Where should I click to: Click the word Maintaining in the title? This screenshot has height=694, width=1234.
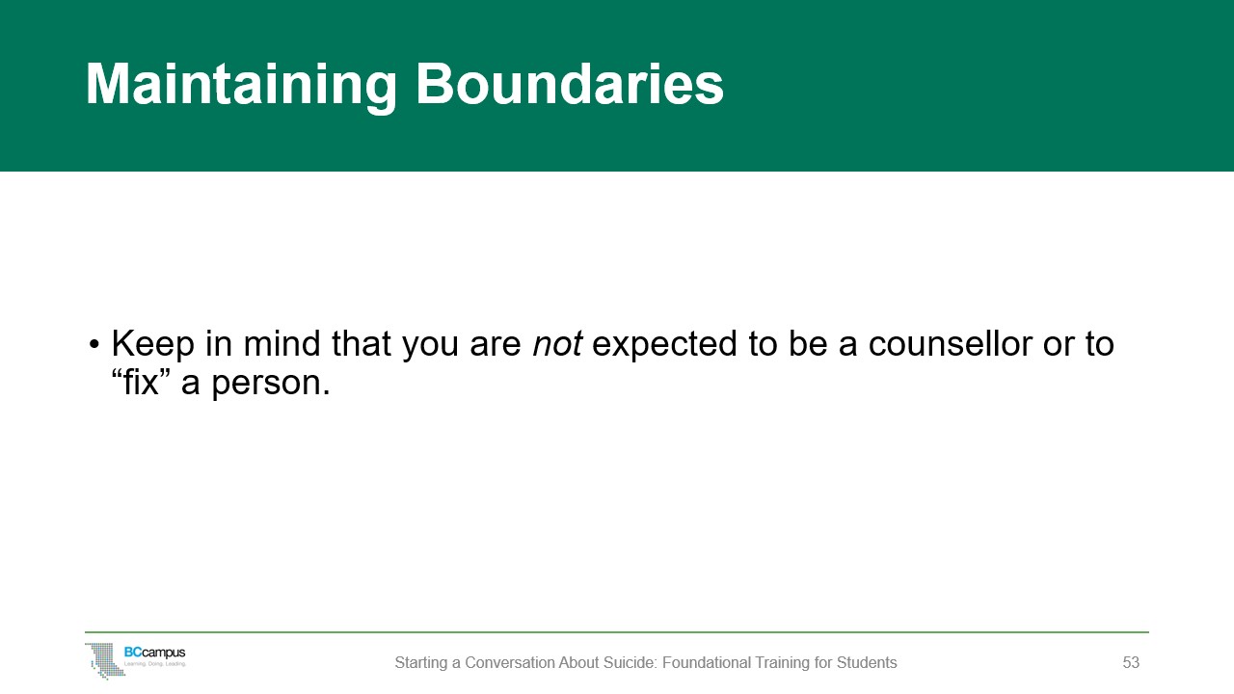pos(241,86)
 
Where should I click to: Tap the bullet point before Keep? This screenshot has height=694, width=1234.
pos(94,345)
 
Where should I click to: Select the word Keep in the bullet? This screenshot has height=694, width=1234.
pos(153,344)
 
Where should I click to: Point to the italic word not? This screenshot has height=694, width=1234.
pos(557,344)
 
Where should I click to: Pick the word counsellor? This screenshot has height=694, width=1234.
pos(951,344)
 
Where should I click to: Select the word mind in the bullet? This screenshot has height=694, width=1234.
pos(282,344)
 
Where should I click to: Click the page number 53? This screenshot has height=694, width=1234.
pos(1131,662)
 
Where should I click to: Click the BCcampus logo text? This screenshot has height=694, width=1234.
pos(155,653)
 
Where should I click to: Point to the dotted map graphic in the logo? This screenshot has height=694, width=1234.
pos(105,661)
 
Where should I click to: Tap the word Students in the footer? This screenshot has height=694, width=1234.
pos(867,662)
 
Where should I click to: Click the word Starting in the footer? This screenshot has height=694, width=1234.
pos(421,663)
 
